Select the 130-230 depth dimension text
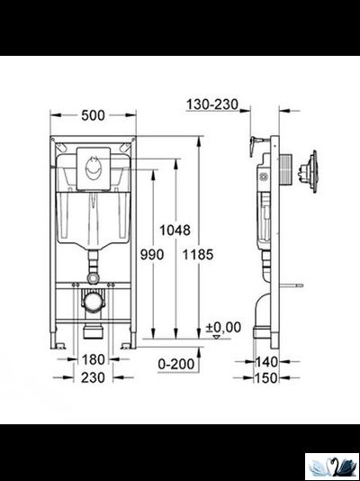click(213, 105)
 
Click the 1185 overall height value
click(198, 255)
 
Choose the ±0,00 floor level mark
click(223, 326)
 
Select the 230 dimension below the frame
click(93, 378)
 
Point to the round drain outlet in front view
click(92, 302)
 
